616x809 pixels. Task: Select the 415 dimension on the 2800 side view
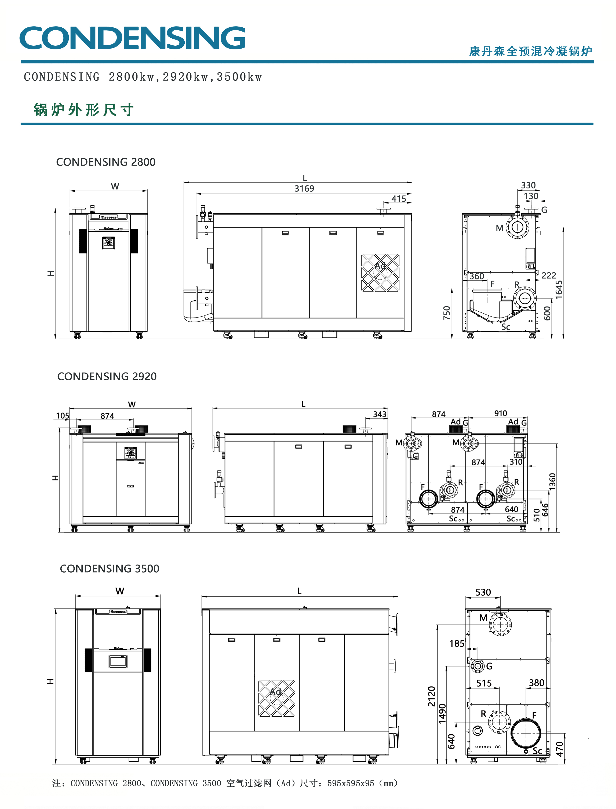pos(399,199)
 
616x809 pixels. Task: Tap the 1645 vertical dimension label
pos(559,290)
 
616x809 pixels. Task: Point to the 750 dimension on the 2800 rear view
pos(446,313)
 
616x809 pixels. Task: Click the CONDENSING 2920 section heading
pos(107,376)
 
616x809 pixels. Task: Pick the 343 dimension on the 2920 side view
pos(380,414)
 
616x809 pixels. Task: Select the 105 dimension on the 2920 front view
pos(62,416)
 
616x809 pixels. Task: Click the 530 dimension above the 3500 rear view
pos(483,592)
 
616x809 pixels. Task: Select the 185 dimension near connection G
pos(457,644)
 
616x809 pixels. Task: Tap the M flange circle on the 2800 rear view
pos(517,227)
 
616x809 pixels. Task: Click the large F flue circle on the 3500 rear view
pos(526,733)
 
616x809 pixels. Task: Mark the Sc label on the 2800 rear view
pos(506,327)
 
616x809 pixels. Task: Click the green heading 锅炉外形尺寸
pos(83,110)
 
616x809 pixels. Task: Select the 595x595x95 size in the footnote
pos(351,783)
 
